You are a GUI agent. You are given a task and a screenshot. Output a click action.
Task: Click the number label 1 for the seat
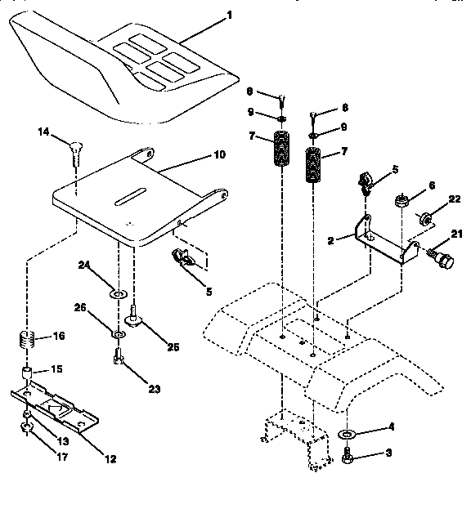tap(229, 15)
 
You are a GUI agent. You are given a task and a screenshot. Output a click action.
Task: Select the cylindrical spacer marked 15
tap(27, 377)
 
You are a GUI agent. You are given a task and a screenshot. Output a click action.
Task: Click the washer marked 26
tap(117, 334)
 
